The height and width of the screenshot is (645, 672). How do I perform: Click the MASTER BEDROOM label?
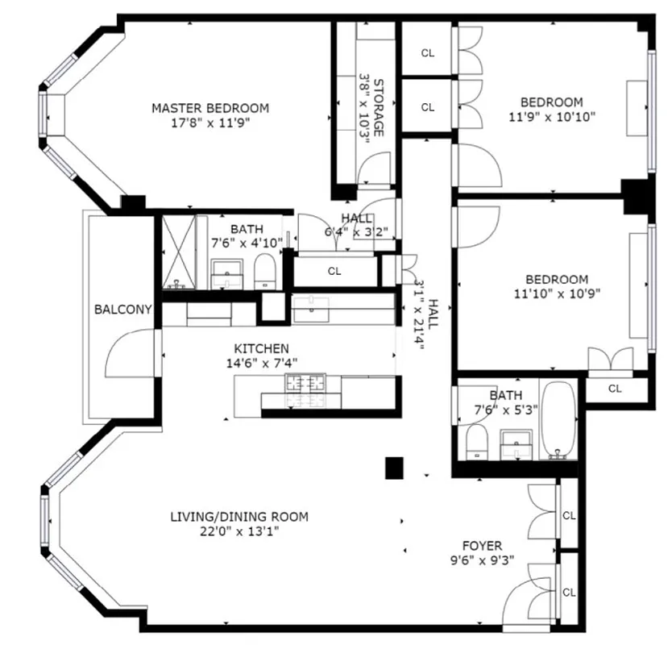coord(210,108)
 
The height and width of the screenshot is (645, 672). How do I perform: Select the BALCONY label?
coord(123,309)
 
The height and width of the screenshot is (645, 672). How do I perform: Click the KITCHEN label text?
coord(261,348)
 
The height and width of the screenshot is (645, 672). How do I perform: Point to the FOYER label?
coord(482,545)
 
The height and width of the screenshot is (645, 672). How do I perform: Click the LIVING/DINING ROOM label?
coord(239,517)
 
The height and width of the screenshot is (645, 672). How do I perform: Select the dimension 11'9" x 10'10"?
coord(551,116)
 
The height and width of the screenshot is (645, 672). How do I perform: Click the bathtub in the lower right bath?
coord(558,419)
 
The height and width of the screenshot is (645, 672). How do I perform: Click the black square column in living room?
coord(393,468)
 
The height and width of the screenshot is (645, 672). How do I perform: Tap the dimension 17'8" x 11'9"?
coord(210,123)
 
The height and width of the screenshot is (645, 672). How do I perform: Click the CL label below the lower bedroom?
coord(615,389)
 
